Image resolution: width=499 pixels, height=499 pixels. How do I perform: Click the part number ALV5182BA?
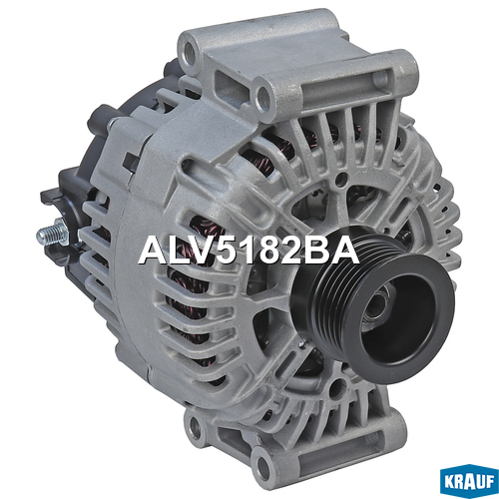tap(249, 250)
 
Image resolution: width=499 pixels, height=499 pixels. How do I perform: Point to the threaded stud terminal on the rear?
tap(53, 233)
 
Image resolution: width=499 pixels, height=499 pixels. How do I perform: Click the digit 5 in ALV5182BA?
tap(213, 251)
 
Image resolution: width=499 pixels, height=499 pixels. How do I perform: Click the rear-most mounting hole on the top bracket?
tap(190, 53)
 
